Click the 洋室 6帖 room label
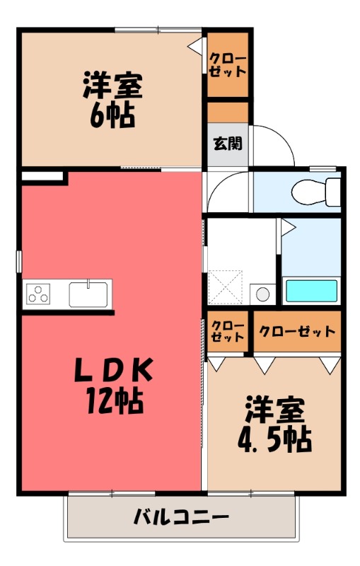[112, 100]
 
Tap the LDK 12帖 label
[112, 386]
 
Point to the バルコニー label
[181, 517]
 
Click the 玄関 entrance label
[228, 144]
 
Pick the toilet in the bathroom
[316, 190]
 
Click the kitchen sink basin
[88, 293]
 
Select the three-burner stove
[40, 293]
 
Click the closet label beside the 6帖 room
[228, 65]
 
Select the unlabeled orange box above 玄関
[228, 112]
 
